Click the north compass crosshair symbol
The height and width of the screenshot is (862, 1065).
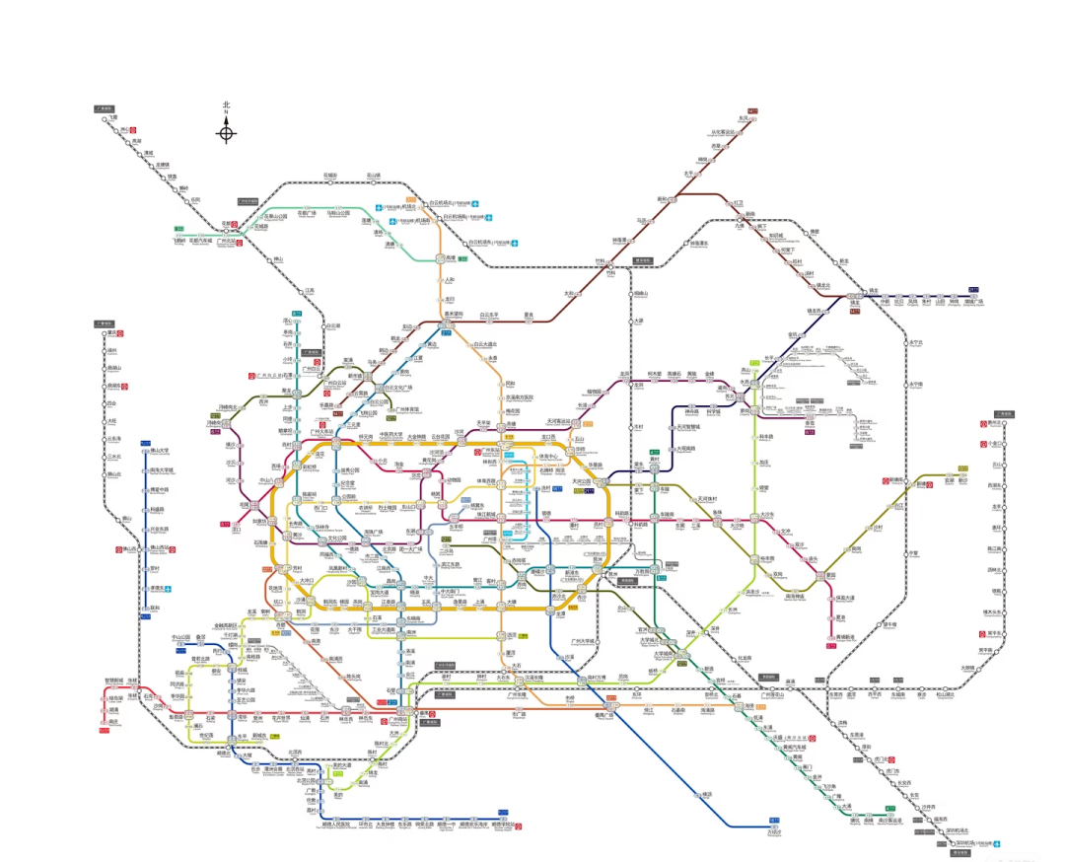click(226, 134)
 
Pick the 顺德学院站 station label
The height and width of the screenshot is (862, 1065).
click(504, 824)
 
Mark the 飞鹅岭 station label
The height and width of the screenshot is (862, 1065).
click(178, 240)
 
